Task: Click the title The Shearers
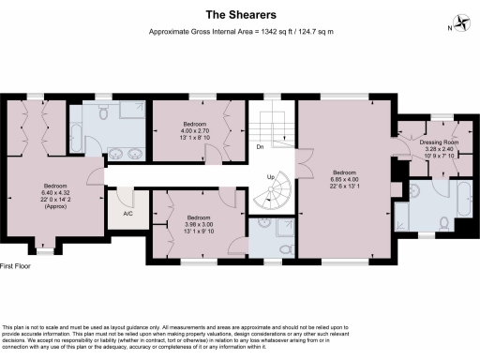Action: [x=240, y=14]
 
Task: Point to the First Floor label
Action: [x=20, y=266]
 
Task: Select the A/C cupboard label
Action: [x=127, y=214]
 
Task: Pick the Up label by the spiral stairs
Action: [x=272, y=176]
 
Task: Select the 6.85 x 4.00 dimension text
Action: [x=344, y=178]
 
